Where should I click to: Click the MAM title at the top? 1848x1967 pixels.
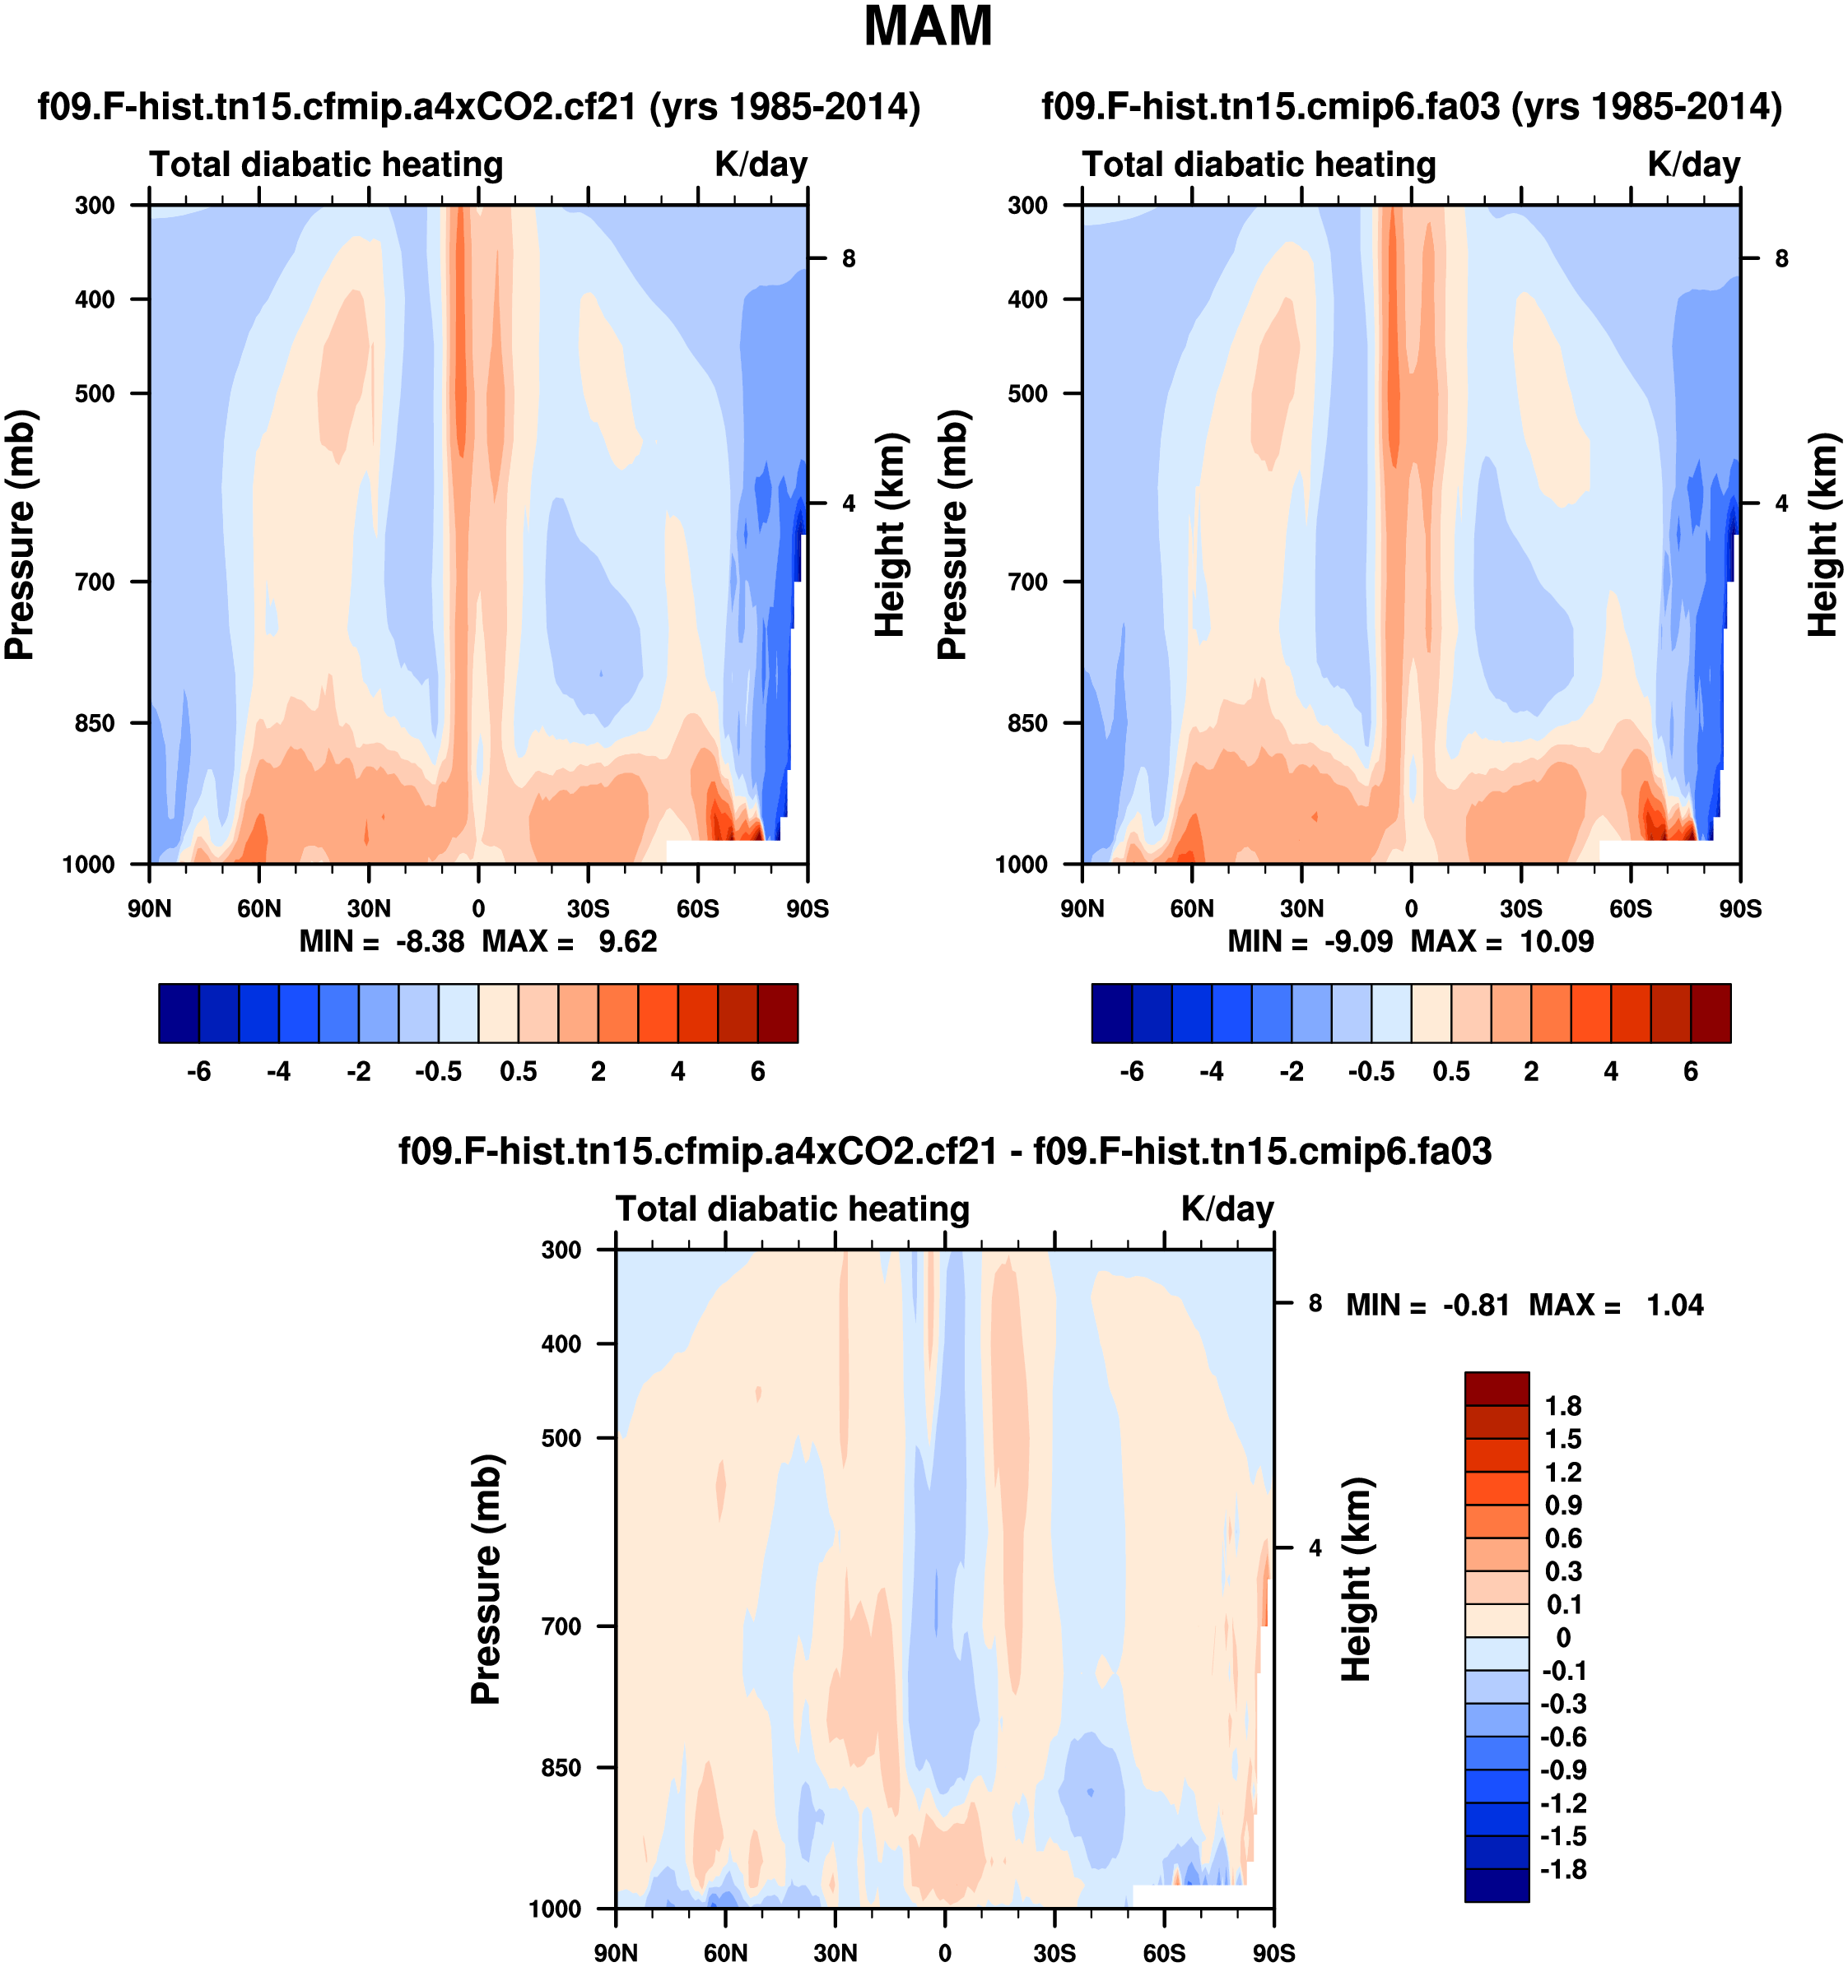coord(928,26)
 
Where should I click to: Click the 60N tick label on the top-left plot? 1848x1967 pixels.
coord(258,908)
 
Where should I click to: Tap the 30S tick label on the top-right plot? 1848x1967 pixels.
coord(1520,908)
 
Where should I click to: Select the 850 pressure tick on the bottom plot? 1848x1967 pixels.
coord(561,1767)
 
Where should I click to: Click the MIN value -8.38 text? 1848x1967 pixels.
coord(430,941)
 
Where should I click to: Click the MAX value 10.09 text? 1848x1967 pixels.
coord(1557,941)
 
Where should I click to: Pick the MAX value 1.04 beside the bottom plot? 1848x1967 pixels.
coord(1675,1305)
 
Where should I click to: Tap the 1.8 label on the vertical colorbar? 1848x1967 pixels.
coord(1563,1406)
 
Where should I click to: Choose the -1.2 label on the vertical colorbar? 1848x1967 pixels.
coord(1563,1802)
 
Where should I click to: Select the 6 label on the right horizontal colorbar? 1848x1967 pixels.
coord(1691,1072)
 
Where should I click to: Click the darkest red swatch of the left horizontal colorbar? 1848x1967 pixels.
coord(778,1014)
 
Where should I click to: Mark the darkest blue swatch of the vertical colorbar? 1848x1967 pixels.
coord(1497,1885)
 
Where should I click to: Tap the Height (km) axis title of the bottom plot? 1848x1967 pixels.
coord(1356,1580)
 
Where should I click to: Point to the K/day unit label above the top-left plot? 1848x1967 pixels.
coord(761,165)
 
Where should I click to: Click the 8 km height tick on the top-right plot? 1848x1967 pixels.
coord(1781,259)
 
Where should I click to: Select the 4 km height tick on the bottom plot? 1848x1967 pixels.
coord(1315,1547)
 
